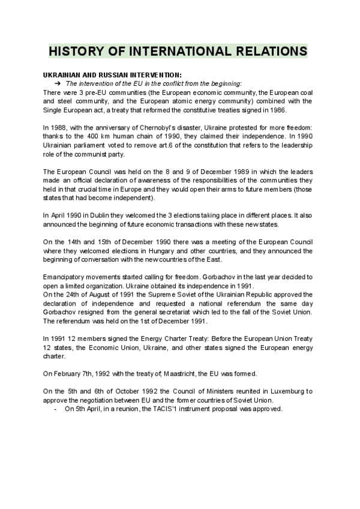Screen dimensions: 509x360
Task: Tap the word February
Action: click(x=68, y=373)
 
